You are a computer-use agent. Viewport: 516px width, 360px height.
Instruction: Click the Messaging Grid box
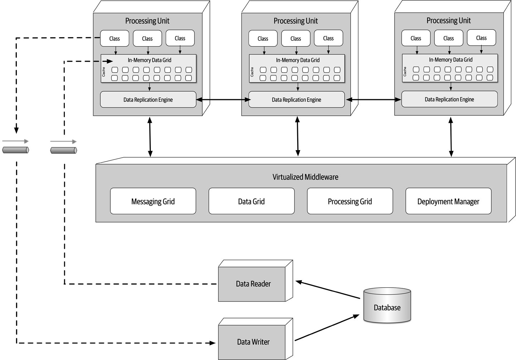(153, 201)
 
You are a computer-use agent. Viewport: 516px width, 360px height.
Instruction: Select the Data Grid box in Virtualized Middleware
(251, 201)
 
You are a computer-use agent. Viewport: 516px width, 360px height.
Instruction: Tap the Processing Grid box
(350, 201)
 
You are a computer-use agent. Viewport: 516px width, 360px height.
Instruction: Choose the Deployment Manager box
(448, 201)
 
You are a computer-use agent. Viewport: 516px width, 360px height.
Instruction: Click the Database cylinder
(387, 307)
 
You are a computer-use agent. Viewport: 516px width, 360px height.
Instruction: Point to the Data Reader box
(253, 284)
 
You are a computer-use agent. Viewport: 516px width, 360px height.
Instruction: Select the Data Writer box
(253, 342)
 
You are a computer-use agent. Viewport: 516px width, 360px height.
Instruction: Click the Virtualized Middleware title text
(305, 177)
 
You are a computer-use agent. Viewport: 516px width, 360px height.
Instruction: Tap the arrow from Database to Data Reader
(328, 290)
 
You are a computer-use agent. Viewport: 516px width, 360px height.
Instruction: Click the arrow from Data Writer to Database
(327, 327)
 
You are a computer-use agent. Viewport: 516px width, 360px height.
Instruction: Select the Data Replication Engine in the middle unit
(296, 100)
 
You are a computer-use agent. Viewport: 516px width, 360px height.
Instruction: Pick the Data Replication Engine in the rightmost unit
(449, 99)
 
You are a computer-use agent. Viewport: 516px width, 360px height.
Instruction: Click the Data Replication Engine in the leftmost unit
(148, 100)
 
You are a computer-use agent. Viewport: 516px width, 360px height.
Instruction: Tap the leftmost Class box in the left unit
(115, 38)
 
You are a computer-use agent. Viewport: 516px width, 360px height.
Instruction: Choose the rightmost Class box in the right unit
(481, 38)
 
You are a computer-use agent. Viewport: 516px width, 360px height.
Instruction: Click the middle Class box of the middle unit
(295, 38)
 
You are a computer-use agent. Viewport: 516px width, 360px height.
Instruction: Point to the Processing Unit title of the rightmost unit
(448, 20)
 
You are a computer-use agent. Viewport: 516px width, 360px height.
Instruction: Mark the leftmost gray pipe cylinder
(15, 150)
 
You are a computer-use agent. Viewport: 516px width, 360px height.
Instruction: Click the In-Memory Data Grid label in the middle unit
(298, 60)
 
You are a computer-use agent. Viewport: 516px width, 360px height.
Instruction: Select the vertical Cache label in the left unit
(104, 72)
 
